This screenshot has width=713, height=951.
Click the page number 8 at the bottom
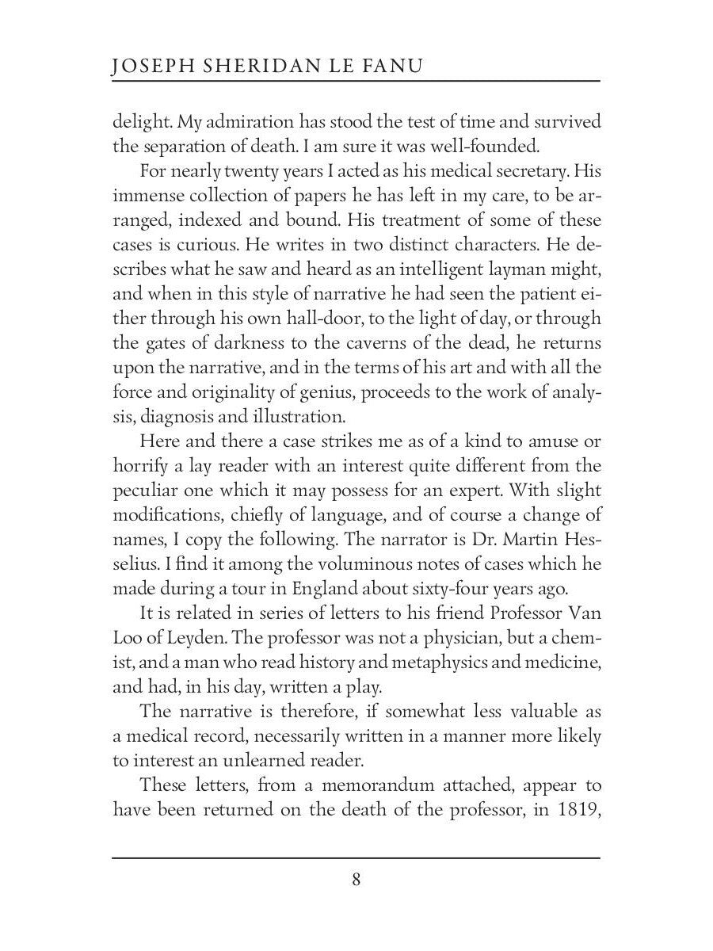coord(356,880)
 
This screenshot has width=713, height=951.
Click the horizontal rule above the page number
coord(356,857)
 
